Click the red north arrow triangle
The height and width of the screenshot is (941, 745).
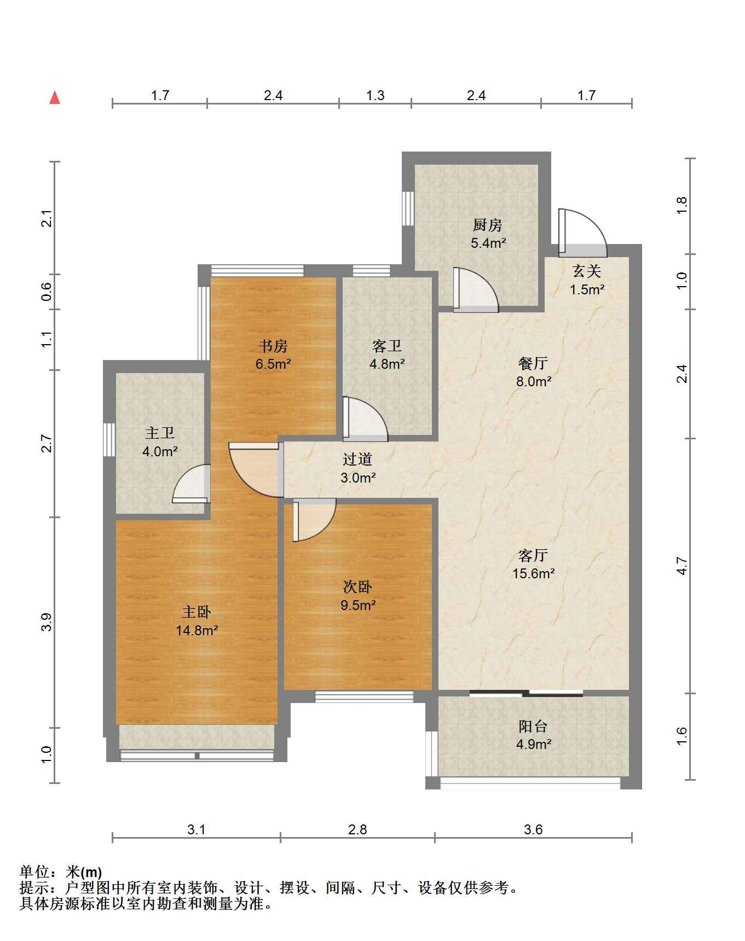click(x=55, y=97)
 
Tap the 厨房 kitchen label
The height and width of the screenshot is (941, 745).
click(x=487, y=225)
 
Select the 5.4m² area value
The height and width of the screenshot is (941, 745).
click(x=488, y=243)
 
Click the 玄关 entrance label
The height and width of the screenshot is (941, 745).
click(x=587, y=271)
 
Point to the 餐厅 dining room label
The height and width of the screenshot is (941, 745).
click(x=533, y=363)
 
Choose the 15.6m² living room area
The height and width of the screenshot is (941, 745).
click(x=533, y=573)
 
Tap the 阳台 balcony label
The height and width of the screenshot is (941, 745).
click(x=533, y=727)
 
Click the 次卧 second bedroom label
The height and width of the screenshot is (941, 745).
click(x=357, y=587)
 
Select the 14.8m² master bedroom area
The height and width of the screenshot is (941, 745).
click(x=197, y=630)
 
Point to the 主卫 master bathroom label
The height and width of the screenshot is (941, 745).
click(x=160, y=433)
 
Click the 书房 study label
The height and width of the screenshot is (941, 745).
click(x=273, y=346)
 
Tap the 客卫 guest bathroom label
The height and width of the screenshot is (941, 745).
click(x=387, y=346)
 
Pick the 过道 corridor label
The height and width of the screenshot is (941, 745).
click(x=357, y=460)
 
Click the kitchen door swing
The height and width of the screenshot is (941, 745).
click(x=476, y=290)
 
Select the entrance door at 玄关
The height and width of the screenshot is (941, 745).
click(x=582, y=233)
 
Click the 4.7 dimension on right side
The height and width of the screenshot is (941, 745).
click(x=682, y=565)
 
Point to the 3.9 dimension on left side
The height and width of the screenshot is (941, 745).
click(x=47, y=622)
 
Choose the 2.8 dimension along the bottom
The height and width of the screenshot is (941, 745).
click(x=357, y=829)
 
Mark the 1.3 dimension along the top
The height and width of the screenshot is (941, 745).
click(x=375, y=95)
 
